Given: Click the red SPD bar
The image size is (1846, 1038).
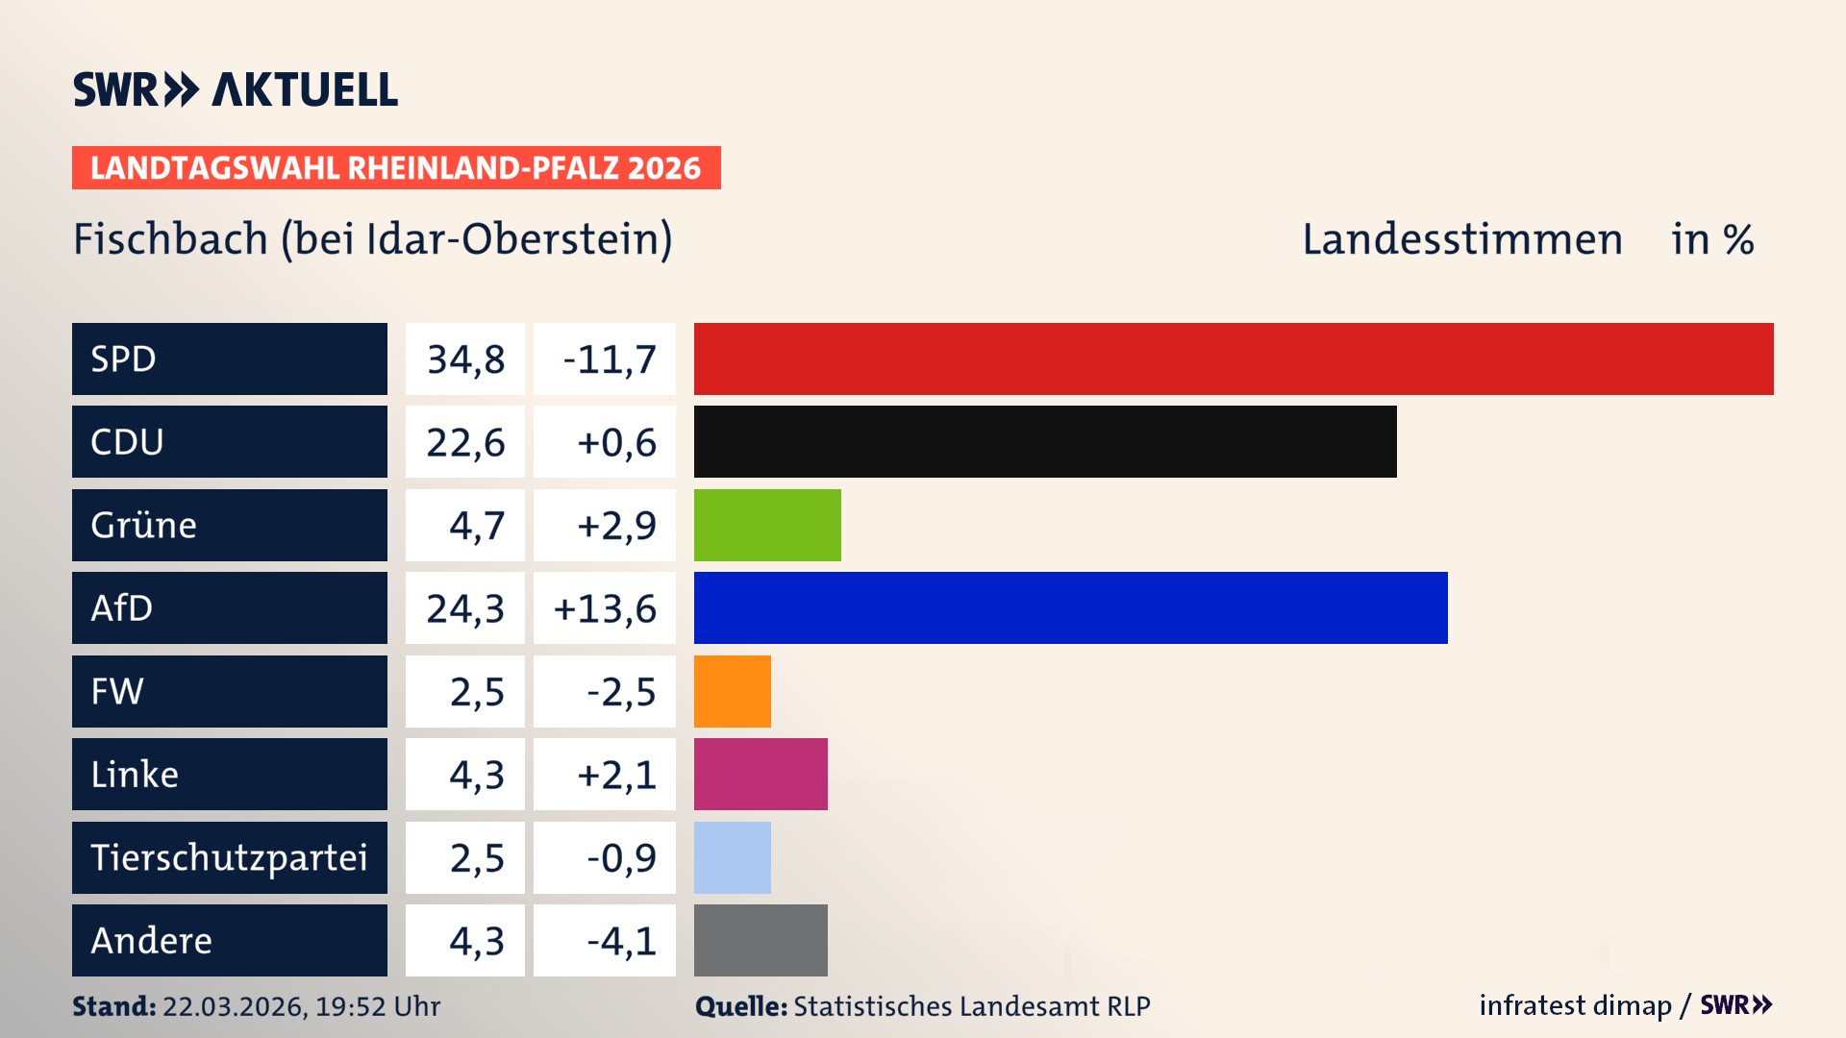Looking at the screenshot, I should pyautogui.click(x=1234, y=358).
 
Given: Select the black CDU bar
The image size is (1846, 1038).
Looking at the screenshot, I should pyautogui.click(x=1045, y=441).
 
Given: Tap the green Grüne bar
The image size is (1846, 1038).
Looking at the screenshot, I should pyautogui.click(x=767, y=525).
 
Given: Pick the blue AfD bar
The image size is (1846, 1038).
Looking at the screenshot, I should pyautogui.click(x=1070, y=607).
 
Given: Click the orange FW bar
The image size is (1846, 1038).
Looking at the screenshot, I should pyautogui.click(x=732, y=691).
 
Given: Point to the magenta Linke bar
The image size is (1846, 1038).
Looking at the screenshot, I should pyautogui.click(x=761, y=774).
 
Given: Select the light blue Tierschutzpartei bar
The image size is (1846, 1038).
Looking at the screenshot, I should pyautogui.click(x=732, y=857).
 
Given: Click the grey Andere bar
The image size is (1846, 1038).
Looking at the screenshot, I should pyautogui.click(x=761, y=940).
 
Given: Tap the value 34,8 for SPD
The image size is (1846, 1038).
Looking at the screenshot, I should pyautogui.click(x=465, y=359).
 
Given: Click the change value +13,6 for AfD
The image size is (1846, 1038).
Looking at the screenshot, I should pyautogui.click(x=605, y=608).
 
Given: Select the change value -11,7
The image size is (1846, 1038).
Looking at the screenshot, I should pyautogui.click(x=609, y=359).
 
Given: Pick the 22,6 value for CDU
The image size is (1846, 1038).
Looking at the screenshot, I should pyautogui.click(x=465, y=442).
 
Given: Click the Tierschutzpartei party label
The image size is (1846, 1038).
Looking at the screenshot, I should pyautogui.click(x=229, y=857).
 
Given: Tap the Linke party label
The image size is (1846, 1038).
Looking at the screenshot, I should pyautogui.click(x=135, y=775).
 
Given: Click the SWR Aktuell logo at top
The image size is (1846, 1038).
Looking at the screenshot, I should pyautogui.click(x=236, y=89).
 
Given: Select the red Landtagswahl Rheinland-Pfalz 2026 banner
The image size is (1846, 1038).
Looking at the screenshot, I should pyautogui.click(x=396, y=168).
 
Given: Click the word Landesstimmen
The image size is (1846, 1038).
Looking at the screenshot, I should pyautogui.click(x=1461, y=239).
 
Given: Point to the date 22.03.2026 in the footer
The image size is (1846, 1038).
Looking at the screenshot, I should pyautogui.click(x=234, y=1006).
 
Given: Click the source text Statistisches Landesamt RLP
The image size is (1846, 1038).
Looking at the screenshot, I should pyautogui.click(x=971, y=1006).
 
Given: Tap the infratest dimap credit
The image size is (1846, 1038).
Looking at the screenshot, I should pyautogui.click(x=1574, y=1005).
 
